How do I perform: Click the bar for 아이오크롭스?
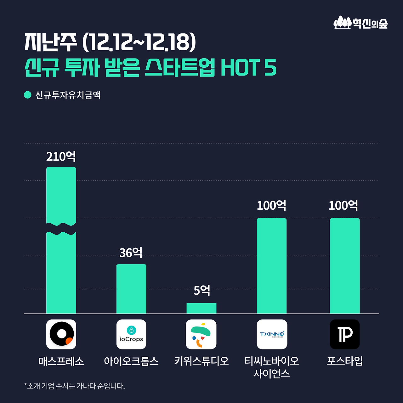131,289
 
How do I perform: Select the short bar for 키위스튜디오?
201,308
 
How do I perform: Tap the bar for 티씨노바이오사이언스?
271,266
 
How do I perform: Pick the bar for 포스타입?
344,266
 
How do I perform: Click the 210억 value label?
61,156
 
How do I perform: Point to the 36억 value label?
131,253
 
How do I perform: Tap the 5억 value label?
201,290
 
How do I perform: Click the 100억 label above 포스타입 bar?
343,206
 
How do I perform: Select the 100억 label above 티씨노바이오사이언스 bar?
271,206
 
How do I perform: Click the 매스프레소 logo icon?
61,334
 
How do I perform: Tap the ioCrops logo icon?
131,334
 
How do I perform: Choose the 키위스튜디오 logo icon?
201,334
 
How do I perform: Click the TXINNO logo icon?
272,334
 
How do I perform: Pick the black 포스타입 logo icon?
345,334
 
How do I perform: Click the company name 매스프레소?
61,361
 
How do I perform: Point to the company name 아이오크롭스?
131,361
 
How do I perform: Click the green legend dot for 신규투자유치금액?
28,95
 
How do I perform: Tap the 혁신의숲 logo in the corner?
360,23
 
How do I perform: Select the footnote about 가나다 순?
75,386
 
